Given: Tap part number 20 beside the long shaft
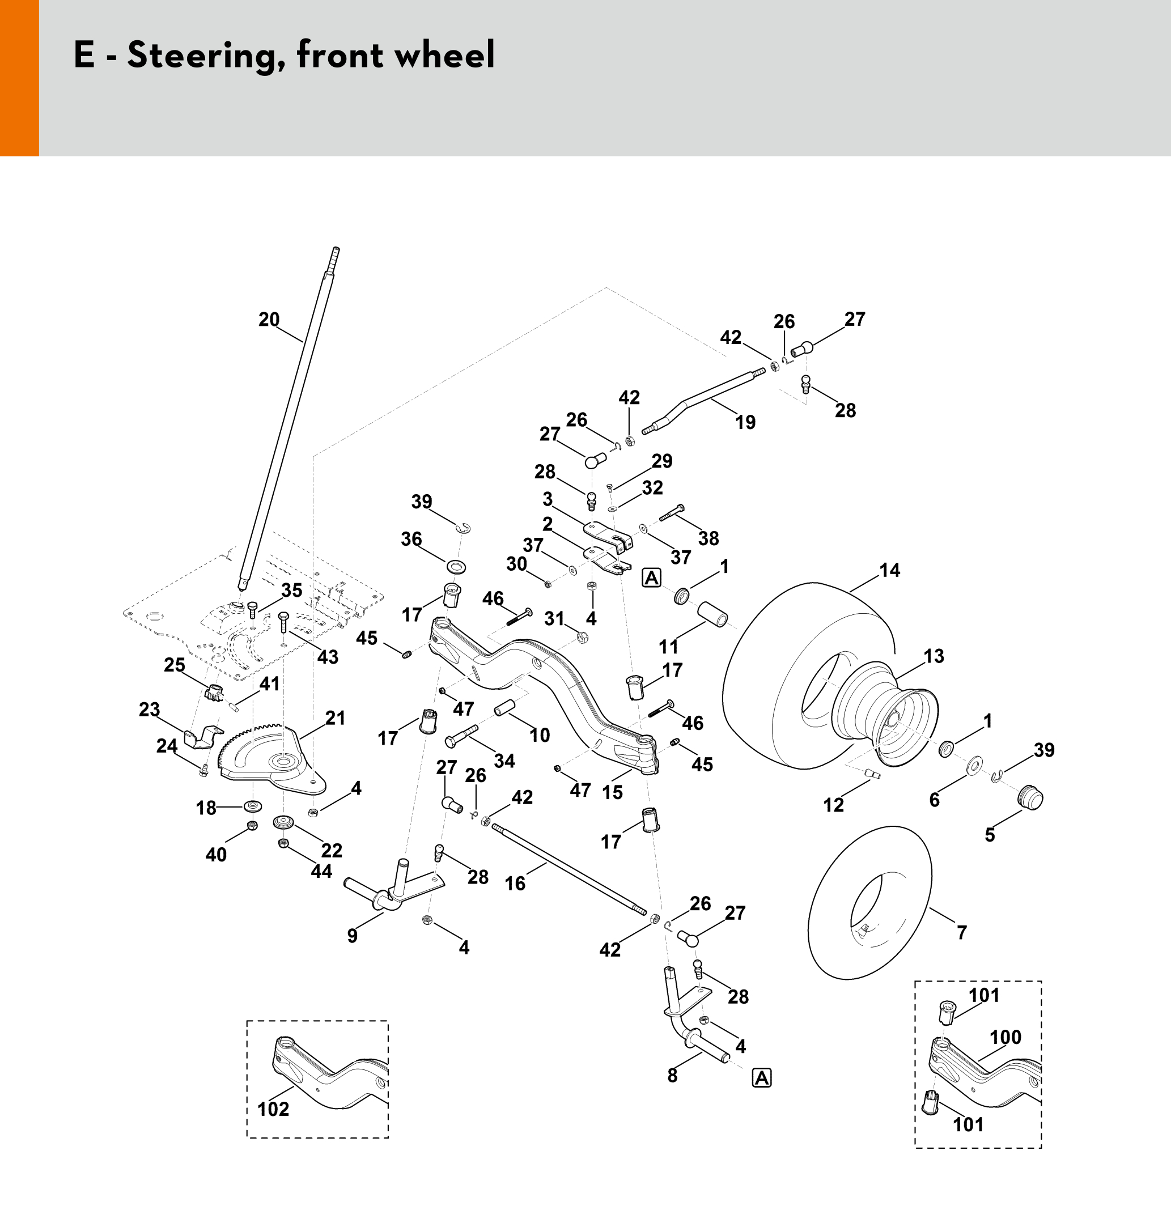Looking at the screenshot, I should (269, 320).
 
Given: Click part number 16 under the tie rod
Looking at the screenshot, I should (515, 884).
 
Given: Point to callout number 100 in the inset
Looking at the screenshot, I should (1005, 1038).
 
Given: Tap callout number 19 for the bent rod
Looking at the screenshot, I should (745, 422).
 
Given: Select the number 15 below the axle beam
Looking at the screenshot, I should (612, 792).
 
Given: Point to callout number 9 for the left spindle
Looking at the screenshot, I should (352, 936).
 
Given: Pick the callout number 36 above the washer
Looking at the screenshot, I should (411, 539).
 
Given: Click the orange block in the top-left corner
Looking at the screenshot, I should (19, 78).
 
